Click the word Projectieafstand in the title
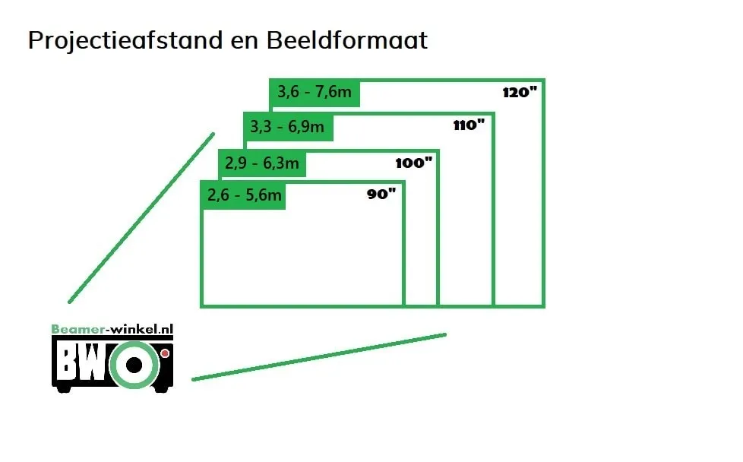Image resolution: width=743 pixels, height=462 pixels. [125, 40]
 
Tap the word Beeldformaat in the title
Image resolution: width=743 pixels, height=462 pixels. [347, 40]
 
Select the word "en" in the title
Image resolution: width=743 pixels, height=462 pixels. [245, 42]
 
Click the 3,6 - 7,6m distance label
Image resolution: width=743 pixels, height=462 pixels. [315, 91]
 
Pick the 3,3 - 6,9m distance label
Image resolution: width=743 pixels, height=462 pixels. [287, 126]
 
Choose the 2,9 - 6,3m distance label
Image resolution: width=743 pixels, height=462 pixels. [261, 163]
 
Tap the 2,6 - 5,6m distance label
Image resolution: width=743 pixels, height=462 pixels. [244, 195]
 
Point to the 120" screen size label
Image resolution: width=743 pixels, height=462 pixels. [520, 92]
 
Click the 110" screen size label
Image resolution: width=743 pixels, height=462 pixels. [469, 125]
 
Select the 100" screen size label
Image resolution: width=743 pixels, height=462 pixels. [414, 163]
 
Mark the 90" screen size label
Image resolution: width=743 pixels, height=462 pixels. [381, 193]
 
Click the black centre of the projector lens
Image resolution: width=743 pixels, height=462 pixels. [134, 365]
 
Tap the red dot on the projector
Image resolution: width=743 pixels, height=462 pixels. [165, 353]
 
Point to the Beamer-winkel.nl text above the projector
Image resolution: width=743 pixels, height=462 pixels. [112, 329]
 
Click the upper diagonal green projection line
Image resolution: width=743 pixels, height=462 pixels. [141, 218]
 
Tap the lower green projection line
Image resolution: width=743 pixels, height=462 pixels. [319, 357]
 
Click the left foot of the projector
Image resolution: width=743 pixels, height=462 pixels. [64, 389]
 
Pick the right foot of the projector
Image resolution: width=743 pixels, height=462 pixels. [160, 389]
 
